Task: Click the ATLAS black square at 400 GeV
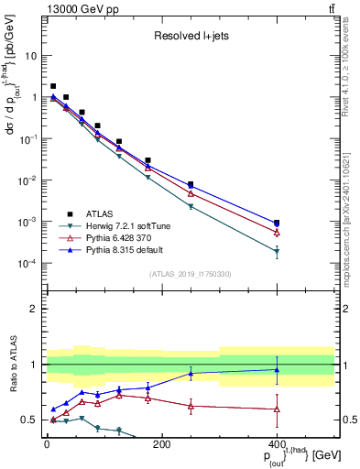[x=277, y=223]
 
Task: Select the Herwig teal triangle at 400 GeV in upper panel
[x=277, y=252]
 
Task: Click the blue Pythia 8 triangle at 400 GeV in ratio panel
[x=277, y=370]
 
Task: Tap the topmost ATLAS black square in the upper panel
[x=53, y=86]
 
